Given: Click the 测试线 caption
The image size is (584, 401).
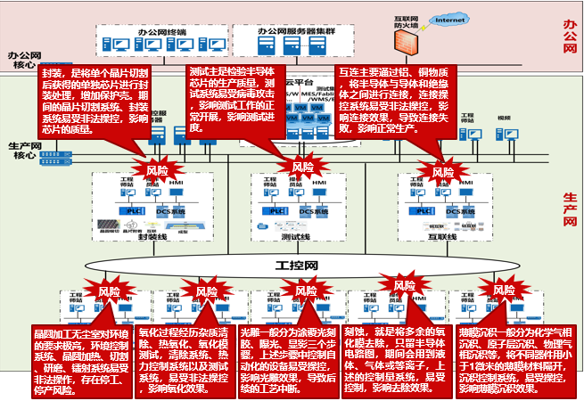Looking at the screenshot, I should coord(295,238).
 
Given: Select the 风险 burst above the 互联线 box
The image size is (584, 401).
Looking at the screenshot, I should coord(443,170).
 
